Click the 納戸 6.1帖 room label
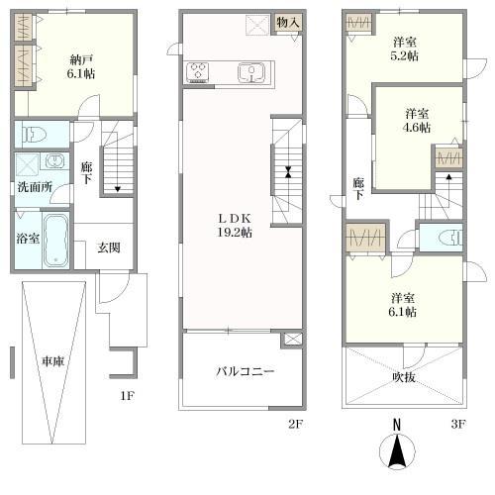click(x=81, y=66)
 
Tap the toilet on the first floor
click(x=34, y=135)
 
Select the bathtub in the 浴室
click(x=55, y=241)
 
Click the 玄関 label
click(x=109, y=247)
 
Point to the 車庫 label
click(x=52, y=361)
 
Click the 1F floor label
click(x=127, y=395)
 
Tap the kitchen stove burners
click(x=197, y=72)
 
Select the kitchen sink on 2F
click(x=251, y=72)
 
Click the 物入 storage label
click(x=288, y=23)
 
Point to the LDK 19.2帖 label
click(x=235, y=226)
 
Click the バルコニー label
click(x=246, y=371)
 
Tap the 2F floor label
click(x=295, y=424)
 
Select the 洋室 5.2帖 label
click(x=405, y=49)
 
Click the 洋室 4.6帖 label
click(x=417, y=121)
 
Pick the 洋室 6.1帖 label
click(x=403, y=305)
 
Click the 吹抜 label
click(x=404, y=377)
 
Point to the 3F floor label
click(x=458, y=424)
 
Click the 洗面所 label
click(x=35, y=187)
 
